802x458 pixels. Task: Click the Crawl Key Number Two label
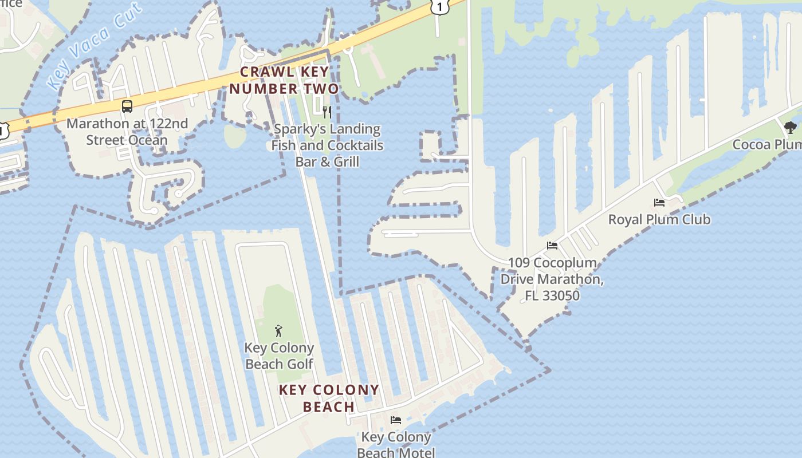(284, 80)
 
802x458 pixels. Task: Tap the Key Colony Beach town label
(329, 398)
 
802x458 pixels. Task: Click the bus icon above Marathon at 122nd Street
(127, 106)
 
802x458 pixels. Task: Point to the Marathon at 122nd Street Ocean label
(127, 132)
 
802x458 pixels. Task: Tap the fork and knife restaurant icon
(327, 112)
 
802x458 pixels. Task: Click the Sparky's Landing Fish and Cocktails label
(327, 145)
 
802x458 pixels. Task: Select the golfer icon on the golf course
(278, 331)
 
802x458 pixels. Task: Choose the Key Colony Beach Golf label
(279, 356)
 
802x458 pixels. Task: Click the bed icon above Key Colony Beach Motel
(396, 420)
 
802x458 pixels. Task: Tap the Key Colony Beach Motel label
(395, 445)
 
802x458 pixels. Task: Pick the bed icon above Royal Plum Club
(659, 203)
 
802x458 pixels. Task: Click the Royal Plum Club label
(659, 219)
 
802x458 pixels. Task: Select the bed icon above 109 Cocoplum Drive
(552, 246)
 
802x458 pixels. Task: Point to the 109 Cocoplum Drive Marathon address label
(552, 279)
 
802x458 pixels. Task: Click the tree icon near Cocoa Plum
(791, 128)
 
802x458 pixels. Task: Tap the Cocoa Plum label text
(767, 144)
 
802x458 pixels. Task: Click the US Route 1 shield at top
(438, 7)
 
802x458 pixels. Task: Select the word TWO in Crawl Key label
(320, 89)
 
